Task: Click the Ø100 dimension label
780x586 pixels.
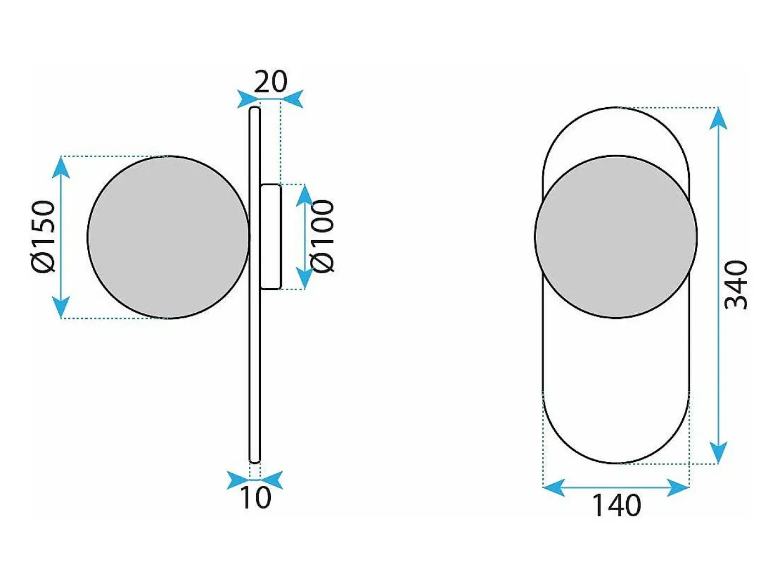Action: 322,236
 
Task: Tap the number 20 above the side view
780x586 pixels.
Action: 270,81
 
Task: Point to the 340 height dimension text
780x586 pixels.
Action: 736,285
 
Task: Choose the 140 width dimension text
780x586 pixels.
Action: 616,505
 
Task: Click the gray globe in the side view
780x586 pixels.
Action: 169,237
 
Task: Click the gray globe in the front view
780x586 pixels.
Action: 616,236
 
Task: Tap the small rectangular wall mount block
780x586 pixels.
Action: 271,237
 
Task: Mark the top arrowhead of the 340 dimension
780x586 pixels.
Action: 718,118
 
